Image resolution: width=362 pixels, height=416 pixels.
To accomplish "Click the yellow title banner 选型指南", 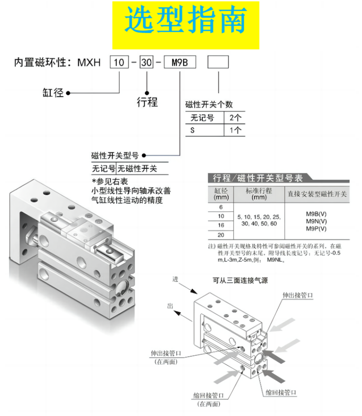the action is tap(186, 25).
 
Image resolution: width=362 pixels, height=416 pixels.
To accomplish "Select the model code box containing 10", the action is tap(119, 62).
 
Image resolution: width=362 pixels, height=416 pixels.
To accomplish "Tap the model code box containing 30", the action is tap(147, 62).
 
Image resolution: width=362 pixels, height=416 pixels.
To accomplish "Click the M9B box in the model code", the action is tap(180, 62).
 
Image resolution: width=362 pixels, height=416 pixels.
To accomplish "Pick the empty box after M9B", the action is tap(218, 62).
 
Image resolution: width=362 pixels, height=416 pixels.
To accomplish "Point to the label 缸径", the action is tap(53, 93).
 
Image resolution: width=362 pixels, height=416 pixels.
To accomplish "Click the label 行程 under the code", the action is tap(147, 102).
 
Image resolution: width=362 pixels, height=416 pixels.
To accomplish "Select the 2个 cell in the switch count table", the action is tap(235, 118).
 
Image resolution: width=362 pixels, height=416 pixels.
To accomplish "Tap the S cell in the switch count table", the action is tap(192, 130).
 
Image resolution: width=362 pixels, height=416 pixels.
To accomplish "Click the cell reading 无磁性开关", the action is tap(138, 168).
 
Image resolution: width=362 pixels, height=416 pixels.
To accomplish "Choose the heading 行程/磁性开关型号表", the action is tap(258, 178).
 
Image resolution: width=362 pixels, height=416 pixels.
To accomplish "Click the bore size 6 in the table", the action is tap(221, 207).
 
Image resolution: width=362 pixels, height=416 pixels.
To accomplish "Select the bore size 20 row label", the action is tap(221, 235).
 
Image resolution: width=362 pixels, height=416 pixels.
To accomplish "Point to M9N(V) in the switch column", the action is tap(316, 221).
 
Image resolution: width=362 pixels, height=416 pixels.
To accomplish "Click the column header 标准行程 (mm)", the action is tap(259, 194).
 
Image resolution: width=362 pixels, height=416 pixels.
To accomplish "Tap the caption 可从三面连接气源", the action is tap(240, 281).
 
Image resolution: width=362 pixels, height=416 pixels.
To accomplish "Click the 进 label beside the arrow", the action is tap(175, 279).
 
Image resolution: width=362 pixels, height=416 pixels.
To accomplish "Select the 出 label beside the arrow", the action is tap(170, 306).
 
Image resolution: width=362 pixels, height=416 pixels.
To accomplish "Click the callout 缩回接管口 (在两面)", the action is tap(209, 400).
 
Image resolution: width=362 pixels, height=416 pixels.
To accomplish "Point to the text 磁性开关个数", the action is tap(209, 105).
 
